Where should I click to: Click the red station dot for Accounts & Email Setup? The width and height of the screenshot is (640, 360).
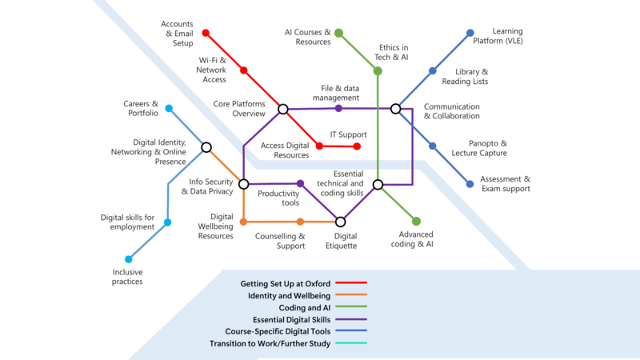pyautogui.click(x=206, y=33)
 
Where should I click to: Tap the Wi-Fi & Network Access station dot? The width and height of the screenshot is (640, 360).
pyautogui.click(x=244, y=70)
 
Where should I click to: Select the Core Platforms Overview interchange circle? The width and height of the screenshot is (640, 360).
pyautogui.click(x=282, y=109)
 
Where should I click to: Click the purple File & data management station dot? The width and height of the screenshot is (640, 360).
pyautogui.click(x=338, y=108)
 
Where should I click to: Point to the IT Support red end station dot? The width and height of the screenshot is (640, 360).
pyautogui.click(x=358, y=146)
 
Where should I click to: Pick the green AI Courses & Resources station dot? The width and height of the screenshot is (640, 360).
pyautogui.click(x=338, y=33)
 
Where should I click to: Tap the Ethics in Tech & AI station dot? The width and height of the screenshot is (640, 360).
pyautogui.click(x=378, y=70)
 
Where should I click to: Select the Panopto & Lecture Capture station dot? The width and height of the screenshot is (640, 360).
pyautogui.click(x=433, y=146)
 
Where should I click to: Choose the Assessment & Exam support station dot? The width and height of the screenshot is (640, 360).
pyautogui.click(x=470, y=184)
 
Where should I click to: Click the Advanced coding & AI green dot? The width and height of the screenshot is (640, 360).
pyautogui.click(x=416, y=221)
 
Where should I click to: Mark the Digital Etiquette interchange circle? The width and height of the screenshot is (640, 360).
pyautogui.click(x=340, y=222)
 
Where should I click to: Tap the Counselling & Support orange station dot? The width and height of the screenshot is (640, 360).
pyautogui.click(x=300, y=222)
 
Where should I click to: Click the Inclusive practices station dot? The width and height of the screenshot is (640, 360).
pyautogui.click(x=128, y=259)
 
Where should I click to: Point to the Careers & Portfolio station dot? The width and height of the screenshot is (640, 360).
pyautogui.click(x=169, y=108)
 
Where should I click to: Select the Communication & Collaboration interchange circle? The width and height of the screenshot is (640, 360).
pyautogui.click(x=395, y=108)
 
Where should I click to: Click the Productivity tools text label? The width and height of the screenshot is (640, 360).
pyautogui.click(x=278, y=198)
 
